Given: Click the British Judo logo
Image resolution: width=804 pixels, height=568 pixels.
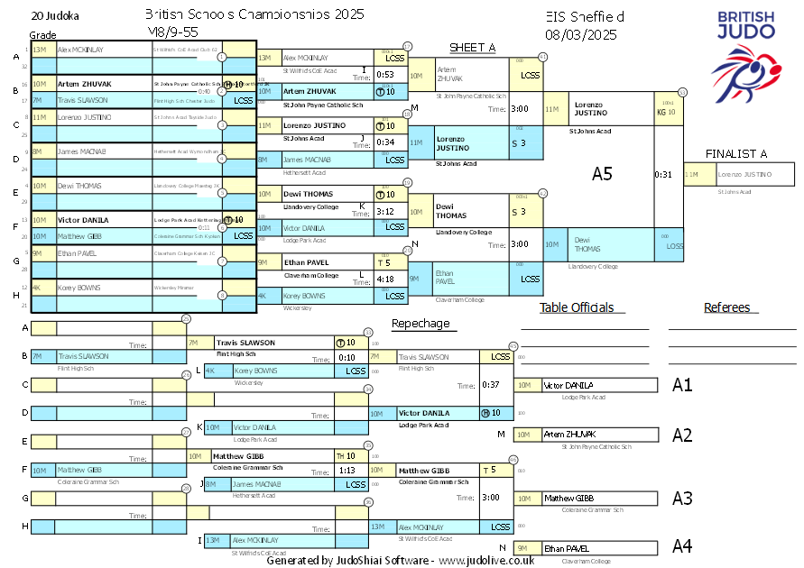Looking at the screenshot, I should [x=744, y=54].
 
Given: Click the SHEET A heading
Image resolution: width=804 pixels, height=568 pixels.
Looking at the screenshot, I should [x=473, y=48].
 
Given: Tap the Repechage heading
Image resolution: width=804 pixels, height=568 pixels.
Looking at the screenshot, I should [x=420, y=324].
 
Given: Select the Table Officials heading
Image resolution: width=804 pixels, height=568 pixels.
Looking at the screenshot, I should [x=576, y=307].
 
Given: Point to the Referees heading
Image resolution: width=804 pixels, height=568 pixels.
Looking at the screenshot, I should [x=727, y=307].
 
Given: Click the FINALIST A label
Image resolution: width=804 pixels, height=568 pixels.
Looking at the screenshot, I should [x=736, y=153].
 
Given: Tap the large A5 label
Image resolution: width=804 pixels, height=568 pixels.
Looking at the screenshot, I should [x=602, y=174].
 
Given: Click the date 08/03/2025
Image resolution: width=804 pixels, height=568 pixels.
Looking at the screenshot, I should [x=580, y=35].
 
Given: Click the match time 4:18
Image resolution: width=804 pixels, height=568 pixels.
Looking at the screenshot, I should [x=385, y=279].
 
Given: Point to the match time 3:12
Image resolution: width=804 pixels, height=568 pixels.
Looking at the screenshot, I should [x=385, y=212].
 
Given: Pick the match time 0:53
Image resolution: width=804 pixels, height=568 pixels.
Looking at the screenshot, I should [x=385, y=75].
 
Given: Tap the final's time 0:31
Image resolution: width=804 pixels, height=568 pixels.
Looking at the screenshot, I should [x=663, y=174].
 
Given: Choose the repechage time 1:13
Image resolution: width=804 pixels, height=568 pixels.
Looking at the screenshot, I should [x=347, y=470].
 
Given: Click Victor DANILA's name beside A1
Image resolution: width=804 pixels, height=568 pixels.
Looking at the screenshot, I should [x=568, y=385].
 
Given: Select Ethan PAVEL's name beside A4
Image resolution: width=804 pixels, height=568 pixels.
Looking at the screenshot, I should [x=567, y=547].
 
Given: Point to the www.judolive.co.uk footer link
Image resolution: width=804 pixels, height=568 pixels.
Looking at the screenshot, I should [x=486, y=560].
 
